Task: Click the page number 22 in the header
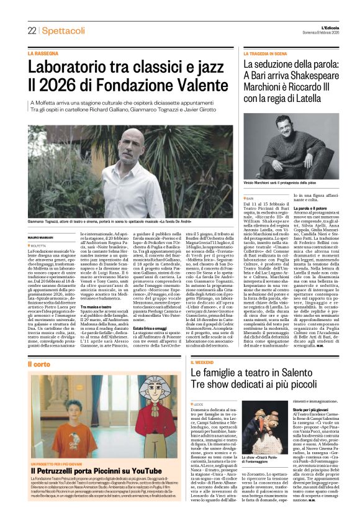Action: pos(32,30)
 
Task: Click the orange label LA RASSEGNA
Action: pos(42,53)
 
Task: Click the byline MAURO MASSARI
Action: pos(40,238)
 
